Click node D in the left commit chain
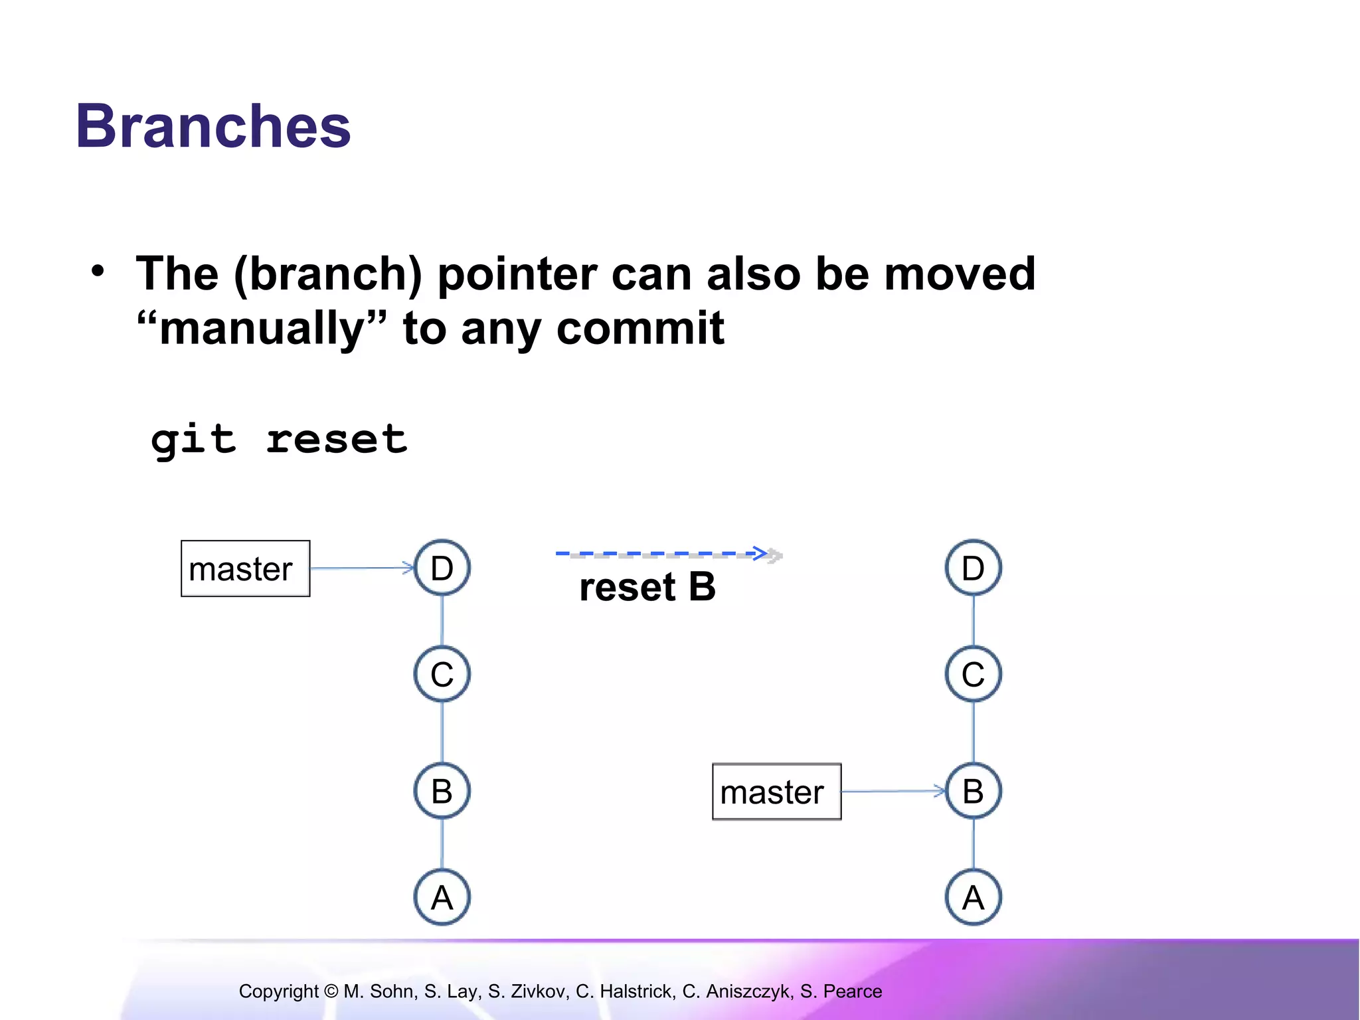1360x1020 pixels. (x=442, y=568)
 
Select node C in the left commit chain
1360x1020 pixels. (x=442, y=674)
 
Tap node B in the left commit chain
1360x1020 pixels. (x=442, y=791)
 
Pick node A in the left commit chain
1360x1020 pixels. (x=442, y=897)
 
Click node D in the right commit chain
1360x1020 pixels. (x=974, y=568)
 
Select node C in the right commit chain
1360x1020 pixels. (x=974, y=674)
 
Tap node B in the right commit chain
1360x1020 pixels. (x=974, y=791)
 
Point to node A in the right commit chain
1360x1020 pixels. (x=974, y=897)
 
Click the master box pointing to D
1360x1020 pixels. (x=245, y=568)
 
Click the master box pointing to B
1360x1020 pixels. (x=776, y=792)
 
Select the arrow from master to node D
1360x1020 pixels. (x=362, y=568)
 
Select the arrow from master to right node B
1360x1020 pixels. (x=893, y=791)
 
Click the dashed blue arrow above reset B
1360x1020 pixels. (x=664, y=553)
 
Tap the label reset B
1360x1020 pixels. (x=647, y=587)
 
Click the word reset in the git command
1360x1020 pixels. (x=336, y=440)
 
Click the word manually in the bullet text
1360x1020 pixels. (x=262, y=328)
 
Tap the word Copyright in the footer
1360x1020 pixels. (x=279, y=991)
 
